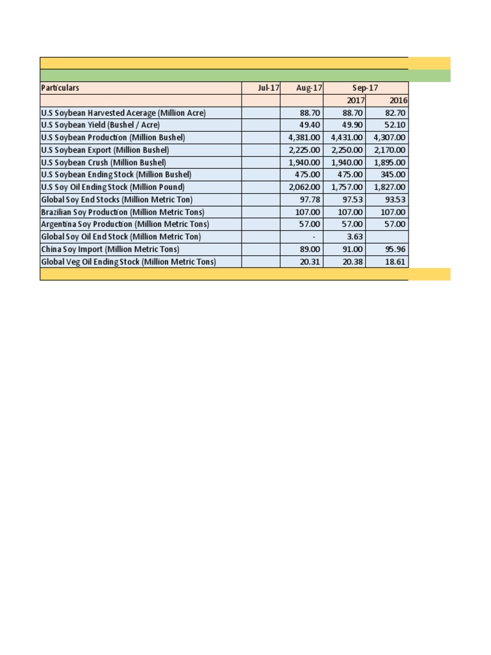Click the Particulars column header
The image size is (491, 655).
tap(60, 88)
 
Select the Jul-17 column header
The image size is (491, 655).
tap(269, 88)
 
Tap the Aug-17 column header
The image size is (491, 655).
tap(309, 88)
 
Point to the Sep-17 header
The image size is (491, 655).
tap(365, 88)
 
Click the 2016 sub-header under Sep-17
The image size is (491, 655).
tap(398, 100)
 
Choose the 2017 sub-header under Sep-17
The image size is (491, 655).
tap(355, 100)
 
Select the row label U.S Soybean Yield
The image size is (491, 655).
tap(100, 125)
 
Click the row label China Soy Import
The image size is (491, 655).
tap(110, 249)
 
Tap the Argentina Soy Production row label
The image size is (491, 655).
tap(125, 224)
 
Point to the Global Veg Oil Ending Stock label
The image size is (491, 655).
tap(129, 262)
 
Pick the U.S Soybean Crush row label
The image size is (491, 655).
tap(103, 162)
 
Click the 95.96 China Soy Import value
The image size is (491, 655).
tap(394, 249)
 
